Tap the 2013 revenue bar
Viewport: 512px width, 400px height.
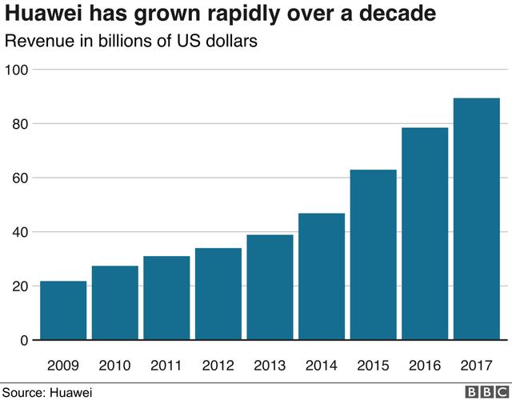270,287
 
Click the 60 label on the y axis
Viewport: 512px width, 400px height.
20,178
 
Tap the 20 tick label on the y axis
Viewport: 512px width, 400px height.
20,286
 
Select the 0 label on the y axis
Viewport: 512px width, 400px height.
24,341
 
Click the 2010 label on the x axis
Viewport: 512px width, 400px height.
115,366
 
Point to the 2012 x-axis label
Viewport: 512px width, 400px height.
218,366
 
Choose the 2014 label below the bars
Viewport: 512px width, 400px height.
322,366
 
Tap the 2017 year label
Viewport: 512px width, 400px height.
476,366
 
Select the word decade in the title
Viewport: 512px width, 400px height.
398,15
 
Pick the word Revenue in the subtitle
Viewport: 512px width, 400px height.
40,42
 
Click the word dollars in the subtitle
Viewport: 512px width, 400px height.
230,42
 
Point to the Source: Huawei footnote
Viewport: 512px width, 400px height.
47,392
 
